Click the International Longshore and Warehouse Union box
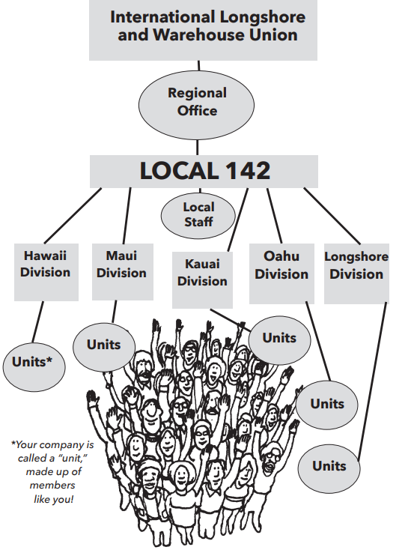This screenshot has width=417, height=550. tap(203, 30)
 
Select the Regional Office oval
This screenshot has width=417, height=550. tap(197, 105)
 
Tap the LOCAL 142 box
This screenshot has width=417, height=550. tap(204, 172)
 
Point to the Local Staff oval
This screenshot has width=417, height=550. tap(198, 215)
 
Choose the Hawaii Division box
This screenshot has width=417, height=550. tap(46, 272)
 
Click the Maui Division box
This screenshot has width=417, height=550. tap(123, 272)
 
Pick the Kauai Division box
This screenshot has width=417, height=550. tap(203, 280)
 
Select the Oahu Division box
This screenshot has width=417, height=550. tap(281, 274)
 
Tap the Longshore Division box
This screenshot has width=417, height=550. tap(356, 274)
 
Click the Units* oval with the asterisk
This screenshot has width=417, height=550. tap(34, 367)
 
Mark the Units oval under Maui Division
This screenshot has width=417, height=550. tap(104, 347)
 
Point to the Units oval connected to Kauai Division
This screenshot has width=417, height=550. tap(280, 340)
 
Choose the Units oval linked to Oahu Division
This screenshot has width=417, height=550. tap(327, 405)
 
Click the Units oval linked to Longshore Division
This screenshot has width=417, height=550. tap(329, 468)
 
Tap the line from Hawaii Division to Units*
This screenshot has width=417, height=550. tap(38, 322)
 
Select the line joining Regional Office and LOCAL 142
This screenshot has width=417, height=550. tap(197, 148)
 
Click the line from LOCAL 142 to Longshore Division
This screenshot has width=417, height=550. tap(332, 216)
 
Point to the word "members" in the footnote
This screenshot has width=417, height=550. tap(52, 485)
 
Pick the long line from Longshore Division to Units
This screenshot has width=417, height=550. tap(372, 381)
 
